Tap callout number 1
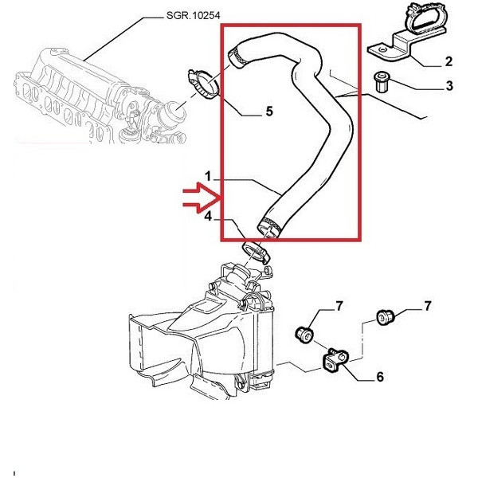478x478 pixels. click(207, 174)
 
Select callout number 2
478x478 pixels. click(449, 61)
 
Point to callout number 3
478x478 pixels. click(449, 86)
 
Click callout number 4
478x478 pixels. click(207, 216)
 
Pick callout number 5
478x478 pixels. click(268, 112)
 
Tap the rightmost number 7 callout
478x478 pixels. click(427, 306)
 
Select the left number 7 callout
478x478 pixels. click(339, 306)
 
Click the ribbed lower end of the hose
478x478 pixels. click(268, 225)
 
